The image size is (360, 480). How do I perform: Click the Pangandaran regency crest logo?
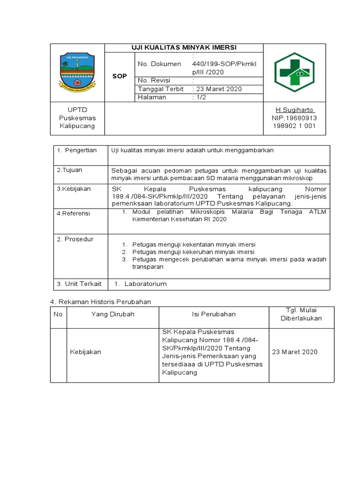(77, 72)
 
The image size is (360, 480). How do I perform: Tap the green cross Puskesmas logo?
(294, 72)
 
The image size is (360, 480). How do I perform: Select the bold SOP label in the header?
(120, 76)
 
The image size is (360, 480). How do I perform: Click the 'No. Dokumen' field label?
(159, 64)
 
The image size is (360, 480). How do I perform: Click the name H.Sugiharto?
(294, 110)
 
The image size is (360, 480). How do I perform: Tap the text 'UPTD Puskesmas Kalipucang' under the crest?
(77, 118)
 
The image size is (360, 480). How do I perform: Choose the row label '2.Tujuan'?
(69, 170)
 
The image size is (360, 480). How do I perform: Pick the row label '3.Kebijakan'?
(74, 189)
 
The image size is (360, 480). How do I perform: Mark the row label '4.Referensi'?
(74, 213)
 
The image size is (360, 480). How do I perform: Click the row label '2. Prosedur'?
(75, 239)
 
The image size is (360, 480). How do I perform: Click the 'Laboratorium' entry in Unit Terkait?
(145, 284)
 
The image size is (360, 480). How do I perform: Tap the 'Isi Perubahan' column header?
(214, 314)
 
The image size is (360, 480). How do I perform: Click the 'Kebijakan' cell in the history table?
(85, 352)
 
